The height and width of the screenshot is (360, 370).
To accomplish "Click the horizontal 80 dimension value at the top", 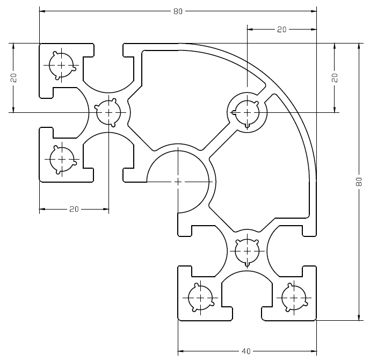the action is pyautogui.click(x=178, y=11).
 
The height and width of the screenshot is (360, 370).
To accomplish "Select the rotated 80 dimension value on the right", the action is pyautogui.click(x=359, y=182).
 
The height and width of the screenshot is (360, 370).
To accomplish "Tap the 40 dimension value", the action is pyautogui.click(x=246, y=351).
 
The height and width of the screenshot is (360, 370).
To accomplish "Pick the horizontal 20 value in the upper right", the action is pyautogui.click(x=281, y=30).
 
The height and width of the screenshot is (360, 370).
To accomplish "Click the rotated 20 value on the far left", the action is pyautogui.click(x=13, y=78).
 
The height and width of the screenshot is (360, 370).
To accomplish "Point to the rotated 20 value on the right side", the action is pyautogui.click(x=335, y=78).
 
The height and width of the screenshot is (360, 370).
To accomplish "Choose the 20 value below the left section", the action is pyautogui.click(x=74, y=209).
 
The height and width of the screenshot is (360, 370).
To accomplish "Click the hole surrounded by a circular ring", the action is pyautogui.click(x=246, y=113).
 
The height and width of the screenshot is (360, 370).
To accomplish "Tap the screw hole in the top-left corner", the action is pyautogui.click(x=62, y=66).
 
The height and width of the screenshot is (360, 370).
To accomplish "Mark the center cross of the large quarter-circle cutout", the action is pyautogui.click(x=178, y=182).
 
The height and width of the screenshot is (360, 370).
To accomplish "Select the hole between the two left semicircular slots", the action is pyautogui.click(x=108, y=112).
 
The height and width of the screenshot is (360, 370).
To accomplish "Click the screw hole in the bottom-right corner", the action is pyautogui.click(x=294, y=298).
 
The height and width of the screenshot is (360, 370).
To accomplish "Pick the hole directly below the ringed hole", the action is pyautogui.click(x=247, y=251).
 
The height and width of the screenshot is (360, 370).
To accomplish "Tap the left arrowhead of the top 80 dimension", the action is pyautogui.click(x=42, y=11).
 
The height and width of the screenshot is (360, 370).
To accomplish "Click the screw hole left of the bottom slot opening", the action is pyautogui.click(x=201, y=298).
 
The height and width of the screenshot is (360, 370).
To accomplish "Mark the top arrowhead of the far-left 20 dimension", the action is pyautogui.click(x=13, y=46).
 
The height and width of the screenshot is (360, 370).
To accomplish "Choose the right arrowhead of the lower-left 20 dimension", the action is pyautogui.click(x=106, y=209).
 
